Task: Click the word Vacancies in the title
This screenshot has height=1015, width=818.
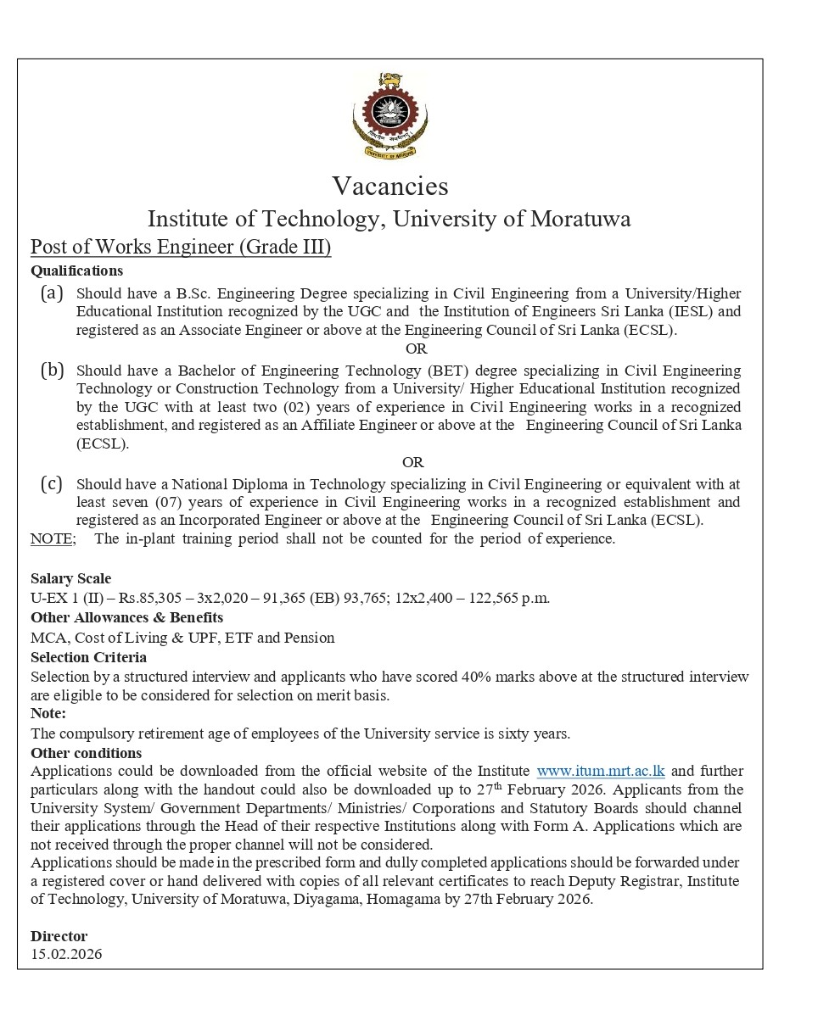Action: [x=389, y=186]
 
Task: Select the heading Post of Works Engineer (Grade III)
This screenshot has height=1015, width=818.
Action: [x=181, y=247]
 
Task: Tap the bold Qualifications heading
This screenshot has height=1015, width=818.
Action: [x=76, y=270]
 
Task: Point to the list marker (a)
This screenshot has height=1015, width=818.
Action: [x=52, y=293]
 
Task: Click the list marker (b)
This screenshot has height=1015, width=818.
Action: [x=52, y=370]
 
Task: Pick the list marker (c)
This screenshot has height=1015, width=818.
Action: [x=52, y=484]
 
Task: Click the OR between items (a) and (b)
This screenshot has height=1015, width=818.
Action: [x=416, y=349]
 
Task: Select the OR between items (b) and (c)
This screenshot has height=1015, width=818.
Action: [x=412, y=462]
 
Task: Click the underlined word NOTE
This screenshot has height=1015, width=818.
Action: [x=53, y=538]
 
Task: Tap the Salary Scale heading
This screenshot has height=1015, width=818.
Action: [x=70, y=578]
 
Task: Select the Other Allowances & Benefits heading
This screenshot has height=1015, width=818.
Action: [x=126, y=617]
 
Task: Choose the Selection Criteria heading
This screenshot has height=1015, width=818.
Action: [x=88, y=657]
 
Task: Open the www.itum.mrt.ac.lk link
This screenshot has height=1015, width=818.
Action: [x=601, y=771]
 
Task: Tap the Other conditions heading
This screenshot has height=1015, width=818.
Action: [x=86, y=753]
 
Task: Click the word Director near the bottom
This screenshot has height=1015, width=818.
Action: [x=59, y=936]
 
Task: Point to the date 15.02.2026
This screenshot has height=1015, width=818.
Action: [x=66, y=954]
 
